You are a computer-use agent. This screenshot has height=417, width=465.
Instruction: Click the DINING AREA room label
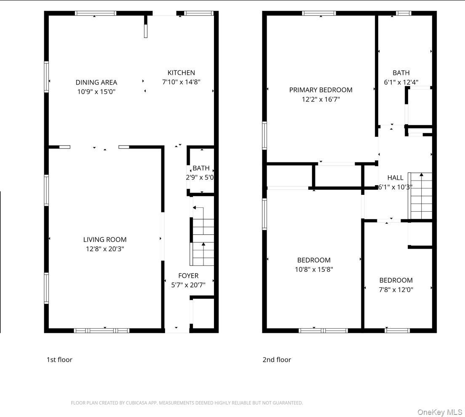96,82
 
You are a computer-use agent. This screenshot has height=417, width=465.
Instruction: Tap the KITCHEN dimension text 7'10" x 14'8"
181,82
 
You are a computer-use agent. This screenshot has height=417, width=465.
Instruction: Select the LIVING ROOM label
105,239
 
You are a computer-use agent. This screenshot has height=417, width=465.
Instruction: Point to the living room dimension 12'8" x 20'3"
105,249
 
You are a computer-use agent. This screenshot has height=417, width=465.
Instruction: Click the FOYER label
188,276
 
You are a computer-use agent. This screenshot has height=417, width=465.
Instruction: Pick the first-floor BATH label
201,168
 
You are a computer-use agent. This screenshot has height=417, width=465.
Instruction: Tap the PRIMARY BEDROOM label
321,90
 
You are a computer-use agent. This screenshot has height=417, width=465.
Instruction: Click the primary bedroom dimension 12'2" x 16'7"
321,99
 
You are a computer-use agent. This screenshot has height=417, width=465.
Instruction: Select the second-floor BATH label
401,73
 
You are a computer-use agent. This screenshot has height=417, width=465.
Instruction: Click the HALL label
395,178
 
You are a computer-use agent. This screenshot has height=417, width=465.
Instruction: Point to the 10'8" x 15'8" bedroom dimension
314,269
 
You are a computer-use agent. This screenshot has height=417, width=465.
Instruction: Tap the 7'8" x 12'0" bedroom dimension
396,290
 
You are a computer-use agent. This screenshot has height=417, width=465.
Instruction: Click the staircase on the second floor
421,196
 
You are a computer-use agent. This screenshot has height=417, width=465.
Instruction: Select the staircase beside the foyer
203,238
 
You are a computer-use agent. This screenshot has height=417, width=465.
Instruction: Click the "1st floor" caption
59,359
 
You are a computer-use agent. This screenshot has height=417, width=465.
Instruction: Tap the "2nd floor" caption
277,359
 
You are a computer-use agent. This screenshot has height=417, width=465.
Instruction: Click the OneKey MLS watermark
440,412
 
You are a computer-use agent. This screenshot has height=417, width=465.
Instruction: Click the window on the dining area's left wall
47,77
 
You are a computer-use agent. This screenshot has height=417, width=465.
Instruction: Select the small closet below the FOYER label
204,313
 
